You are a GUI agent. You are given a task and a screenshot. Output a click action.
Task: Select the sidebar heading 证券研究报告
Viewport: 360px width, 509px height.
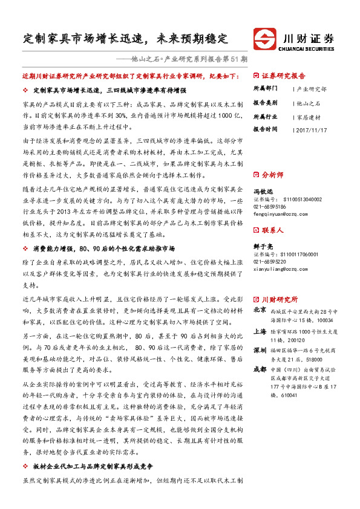pyautogui.click(x=284, y=76)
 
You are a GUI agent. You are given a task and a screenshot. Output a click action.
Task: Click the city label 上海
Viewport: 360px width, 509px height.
pyautogui.click(x=260, y=332)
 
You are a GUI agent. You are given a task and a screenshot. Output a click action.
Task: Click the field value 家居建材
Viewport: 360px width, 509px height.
pyautogui.click(x=309, y=116)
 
